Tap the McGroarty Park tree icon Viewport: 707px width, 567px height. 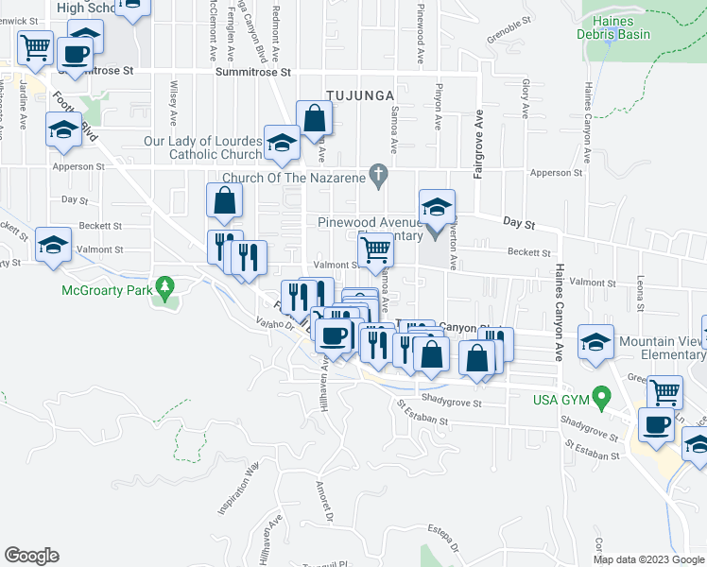click(x=165, y=284)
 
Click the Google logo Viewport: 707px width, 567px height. click(x=31, y=556)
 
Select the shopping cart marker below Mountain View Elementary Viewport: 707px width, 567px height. click(x=664, y=389)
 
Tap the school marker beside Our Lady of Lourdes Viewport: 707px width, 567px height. click(x=281, y=143)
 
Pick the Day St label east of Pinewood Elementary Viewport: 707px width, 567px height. click(x=519, y=224)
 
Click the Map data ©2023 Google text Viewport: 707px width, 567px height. click(x=649, y=559)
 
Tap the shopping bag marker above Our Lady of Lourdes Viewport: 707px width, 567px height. click(x=314, y=119)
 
